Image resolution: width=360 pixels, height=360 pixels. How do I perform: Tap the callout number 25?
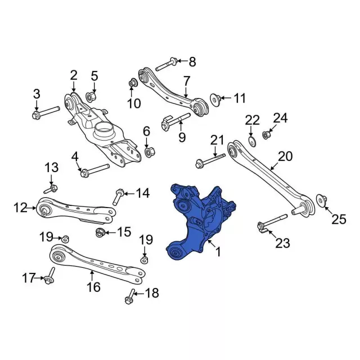(339, 219)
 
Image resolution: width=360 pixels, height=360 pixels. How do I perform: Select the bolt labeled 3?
(46, 112)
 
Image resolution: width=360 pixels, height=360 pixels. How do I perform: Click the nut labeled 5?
(91, 97)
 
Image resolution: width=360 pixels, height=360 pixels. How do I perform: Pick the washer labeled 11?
(215, 100)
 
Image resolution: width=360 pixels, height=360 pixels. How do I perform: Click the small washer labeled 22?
(252, 141)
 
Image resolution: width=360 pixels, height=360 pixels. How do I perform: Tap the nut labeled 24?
(266, 135)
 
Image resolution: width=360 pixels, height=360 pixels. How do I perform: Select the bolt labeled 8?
(166, 64)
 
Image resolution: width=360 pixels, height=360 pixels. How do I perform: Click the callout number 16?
(94, 287)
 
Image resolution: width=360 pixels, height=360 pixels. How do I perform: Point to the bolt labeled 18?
(130, 296)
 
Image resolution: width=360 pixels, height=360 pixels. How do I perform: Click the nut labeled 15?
(100, 232)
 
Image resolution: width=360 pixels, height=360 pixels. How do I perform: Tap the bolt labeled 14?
(118, 197)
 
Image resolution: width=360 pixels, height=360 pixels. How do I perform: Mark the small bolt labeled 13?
(51, 189)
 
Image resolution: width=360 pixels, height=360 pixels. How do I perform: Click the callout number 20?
(285, 156)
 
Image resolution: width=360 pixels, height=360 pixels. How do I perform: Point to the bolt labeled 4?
(94, 170)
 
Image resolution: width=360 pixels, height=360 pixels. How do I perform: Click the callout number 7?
(187, 81)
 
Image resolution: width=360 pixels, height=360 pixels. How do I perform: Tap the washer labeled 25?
(321, 200)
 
